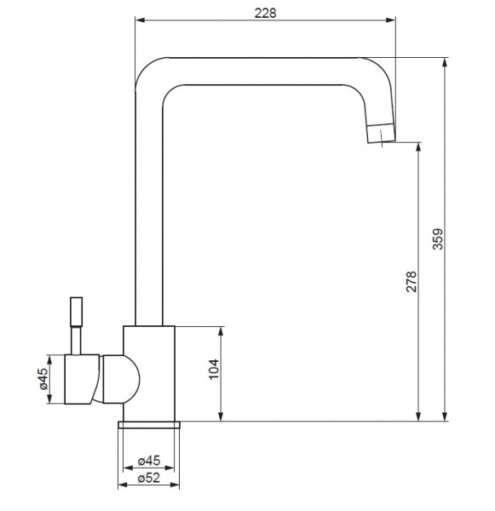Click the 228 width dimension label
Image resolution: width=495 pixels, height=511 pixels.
pos(265,14)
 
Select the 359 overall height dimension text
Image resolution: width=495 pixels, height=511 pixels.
pos(438,239)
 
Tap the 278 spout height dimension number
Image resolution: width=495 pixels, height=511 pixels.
pos(412,281)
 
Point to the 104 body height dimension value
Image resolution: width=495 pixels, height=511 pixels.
pos(214,370)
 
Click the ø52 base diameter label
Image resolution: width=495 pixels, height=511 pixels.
pos(149,478)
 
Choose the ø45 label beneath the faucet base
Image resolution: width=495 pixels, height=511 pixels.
pos(149,461)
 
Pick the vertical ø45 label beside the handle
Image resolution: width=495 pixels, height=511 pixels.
pos(43,379)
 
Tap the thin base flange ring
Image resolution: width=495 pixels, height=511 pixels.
pos(149,424)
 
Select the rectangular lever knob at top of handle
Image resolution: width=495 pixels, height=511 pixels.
pos(77,312)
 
